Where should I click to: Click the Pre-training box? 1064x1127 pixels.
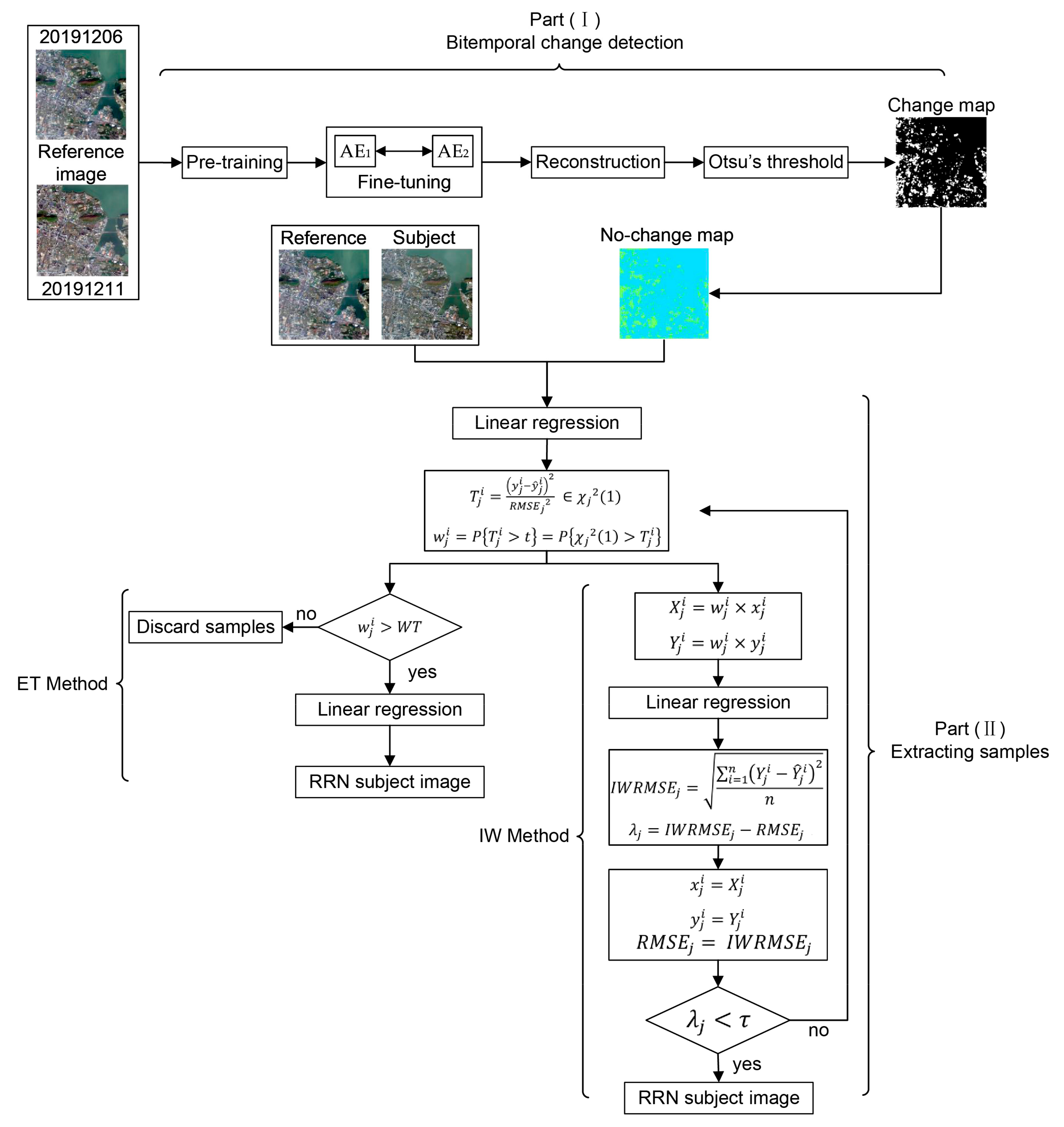click(x=234, y=163)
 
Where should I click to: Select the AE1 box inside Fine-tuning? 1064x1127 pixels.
click(x=355, y=151)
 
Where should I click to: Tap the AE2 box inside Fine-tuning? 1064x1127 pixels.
click(x=453, y=151)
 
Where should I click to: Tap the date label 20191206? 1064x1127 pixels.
click(x=81, y=37)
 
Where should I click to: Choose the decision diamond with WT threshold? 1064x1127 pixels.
click(x=390, y=627)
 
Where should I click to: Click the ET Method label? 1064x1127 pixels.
click(x=62, y=684)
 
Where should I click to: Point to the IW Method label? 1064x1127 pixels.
click(x=524, y=836)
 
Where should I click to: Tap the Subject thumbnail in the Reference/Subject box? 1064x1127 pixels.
click(x=427, y=294)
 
